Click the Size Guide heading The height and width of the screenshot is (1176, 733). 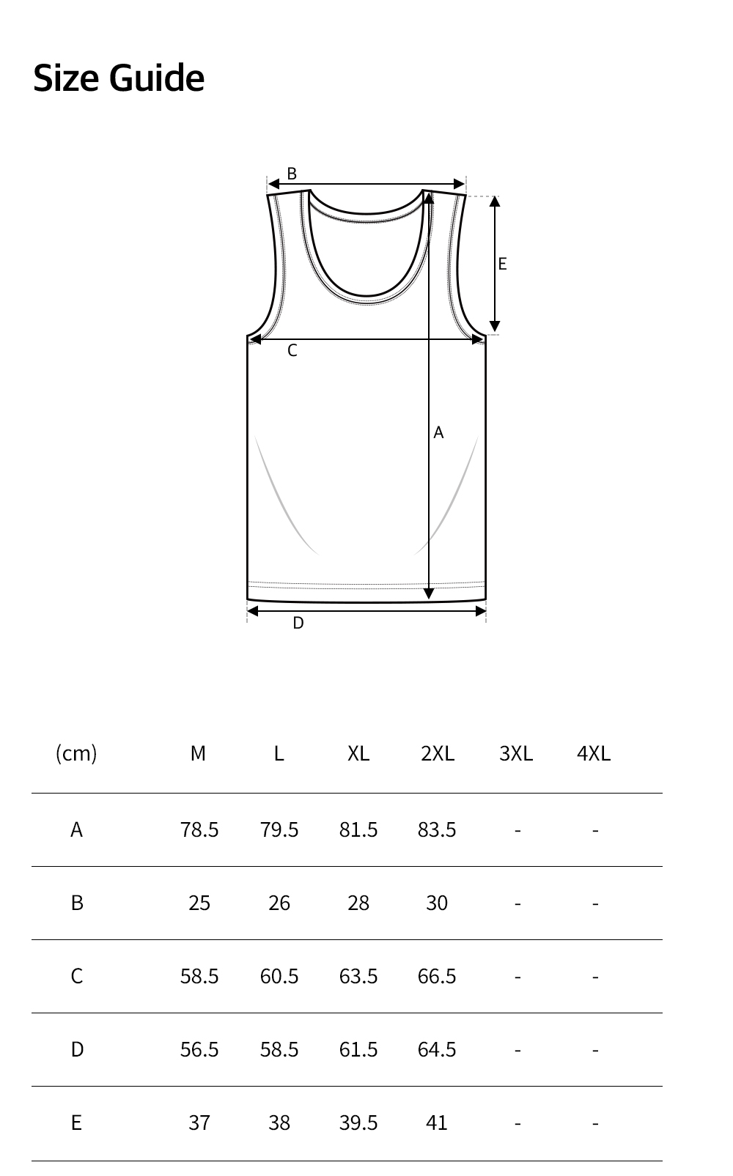pos(119,78)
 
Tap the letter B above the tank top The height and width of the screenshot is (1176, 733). pos(292,173)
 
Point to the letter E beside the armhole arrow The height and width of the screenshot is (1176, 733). pos(503,264)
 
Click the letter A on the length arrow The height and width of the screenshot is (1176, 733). pos(438,432)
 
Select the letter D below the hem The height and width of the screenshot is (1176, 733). pos(298,623)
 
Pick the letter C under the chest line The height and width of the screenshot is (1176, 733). pos(292,350)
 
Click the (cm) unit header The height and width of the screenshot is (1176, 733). pos(77,753)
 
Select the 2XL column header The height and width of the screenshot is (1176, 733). pos(438,753)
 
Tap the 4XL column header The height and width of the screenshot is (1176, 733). pos(594,753)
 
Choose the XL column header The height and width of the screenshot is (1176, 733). pos(358,753)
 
